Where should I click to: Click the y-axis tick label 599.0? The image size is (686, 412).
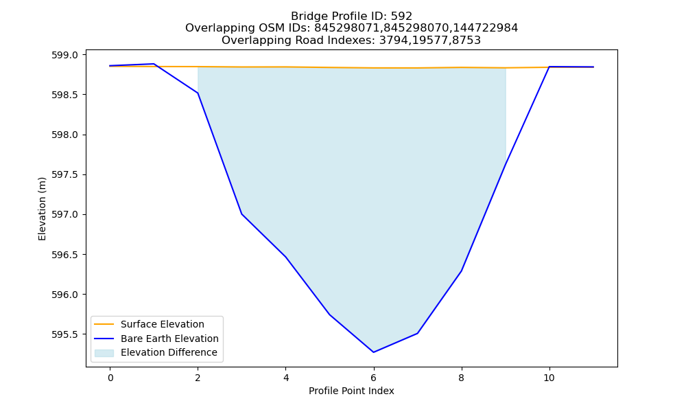point(64,55)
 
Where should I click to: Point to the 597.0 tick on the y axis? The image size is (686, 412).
point(64,214)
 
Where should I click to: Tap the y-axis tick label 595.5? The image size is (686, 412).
point(64,334)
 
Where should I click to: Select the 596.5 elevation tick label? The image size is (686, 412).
point(64,255)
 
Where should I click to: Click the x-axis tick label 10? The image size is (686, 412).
point(549,378)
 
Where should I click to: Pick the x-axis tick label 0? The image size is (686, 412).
point(110,378)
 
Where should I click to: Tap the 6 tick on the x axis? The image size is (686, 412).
point(374,378)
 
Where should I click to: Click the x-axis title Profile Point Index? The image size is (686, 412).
point(351,391)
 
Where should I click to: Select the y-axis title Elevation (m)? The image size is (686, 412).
point(42,209)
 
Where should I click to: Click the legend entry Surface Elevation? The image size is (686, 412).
point(163,324)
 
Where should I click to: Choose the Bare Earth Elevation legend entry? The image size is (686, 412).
point(169,339)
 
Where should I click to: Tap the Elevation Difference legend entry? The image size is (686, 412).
point(169,352)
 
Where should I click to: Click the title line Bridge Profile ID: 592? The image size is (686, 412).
point(352,16)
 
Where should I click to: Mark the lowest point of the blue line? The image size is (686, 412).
point(374,352)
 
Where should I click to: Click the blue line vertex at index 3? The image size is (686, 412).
point(242,214)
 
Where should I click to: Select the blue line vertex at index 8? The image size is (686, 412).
point(461,271)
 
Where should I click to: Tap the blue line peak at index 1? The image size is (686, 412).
point(154,64)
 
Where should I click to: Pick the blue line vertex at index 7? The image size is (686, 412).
point(417,333)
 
